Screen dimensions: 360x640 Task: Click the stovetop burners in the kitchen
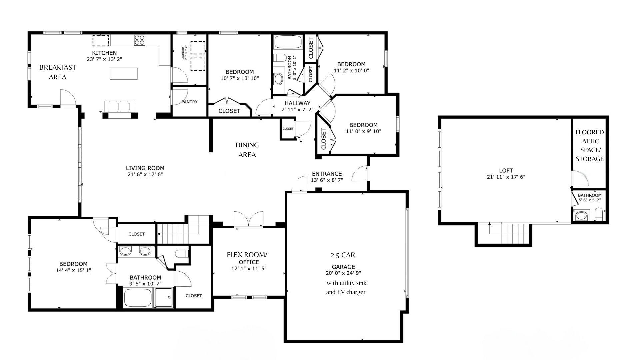click(140, 40)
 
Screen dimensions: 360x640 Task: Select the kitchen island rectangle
click(124, 74)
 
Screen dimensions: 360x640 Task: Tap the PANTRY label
click(189, 102)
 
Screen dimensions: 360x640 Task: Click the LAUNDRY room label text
click(185, 53)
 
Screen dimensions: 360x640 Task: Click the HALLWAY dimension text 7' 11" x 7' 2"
click(297, 109)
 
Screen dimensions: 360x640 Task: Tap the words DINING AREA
click(247, 150)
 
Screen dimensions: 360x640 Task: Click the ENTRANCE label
click(327, 174)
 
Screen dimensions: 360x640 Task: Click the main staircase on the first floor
click(182, 230)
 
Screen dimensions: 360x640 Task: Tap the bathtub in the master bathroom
click(138, 298)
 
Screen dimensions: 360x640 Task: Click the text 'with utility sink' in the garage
click(346, 283)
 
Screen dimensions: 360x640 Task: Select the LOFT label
click(506, 170)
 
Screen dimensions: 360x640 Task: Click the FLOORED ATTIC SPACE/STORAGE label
click(589, 145)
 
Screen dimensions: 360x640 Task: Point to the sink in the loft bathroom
click(581, 216)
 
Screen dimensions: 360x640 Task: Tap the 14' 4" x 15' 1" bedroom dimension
click(73, 270)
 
